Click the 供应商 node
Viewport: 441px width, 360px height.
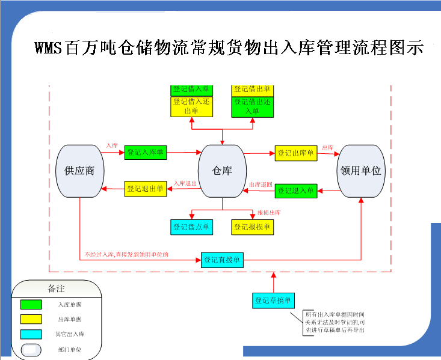click(79, 171)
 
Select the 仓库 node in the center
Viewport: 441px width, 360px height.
click(222, 171)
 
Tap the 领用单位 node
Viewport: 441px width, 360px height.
click(360, 171)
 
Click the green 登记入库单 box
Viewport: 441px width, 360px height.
click(145, 153)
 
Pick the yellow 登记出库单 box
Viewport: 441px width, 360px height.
click(295, 153)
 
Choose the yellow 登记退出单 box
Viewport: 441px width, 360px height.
click(145, 189)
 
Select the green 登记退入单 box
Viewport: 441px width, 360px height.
click(295, 191)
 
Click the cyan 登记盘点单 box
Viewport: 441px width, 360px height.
click(191, 227)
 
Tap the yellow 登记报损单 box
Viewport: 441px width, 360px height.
click(253, 227)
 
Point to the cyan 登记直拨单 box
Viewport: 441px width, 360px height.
click(222, 260)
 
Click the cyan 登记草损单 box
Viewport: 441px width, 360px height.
click(273, 300)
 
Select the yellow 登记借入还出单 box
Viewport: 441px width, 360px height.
click(191, 106)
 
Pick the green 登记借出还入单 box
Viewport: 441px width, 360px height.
click(253, 106)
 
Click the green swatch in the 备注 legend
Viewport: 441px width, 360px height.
click(31, 305)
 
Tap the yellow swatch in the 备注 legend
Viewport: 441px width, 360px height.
click(31, 319)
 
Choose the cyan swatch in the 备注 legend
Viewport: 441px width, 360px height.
click(31, 334)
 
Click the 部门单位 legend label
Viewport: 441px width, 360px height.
click(69, 349)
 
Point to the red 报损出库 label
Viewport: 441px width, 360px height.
click(269, 212)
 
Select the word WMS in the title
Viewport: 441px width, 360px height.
click(49, 48)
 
